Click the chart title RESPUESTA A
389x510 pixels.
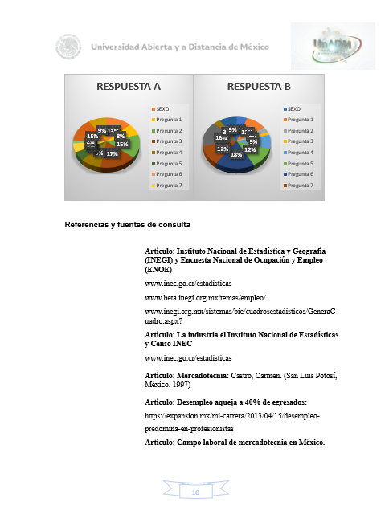[129, 86]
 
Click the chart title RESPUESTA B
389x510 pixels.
[259, 86]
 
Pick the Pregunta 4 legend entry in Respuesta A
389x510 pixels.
[169, 152]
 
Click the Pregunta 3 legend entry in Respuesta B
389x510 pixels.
[299, 141]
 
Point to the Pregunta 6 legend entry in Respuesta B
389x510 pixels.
[299, 173]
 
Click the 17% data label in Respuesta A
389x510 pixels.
[112, 153]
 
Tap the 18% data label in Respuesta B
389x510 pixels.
[236, 154]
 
